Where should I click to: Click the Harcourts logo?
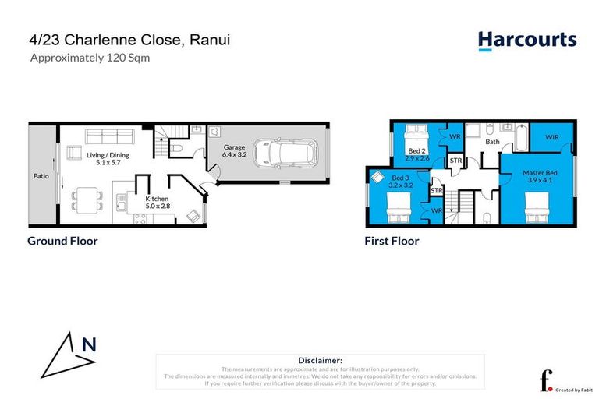click(x=526, y=41)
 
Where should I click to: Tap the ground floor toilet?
click(x=176, y=147)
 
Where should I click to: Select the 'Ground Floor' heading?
click(x=62, y=241)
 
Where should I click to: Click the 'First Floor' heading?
click(x=392, y=241)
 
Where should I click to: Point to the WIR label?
click(x=551, y=137)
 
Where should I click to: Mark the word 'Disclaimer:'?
click(x=321, y=360)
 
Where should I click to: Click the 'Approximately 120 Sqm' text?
click(x=89, y=57)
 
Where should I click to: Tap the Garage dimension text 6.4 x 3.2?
click(x=236, y=155)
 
